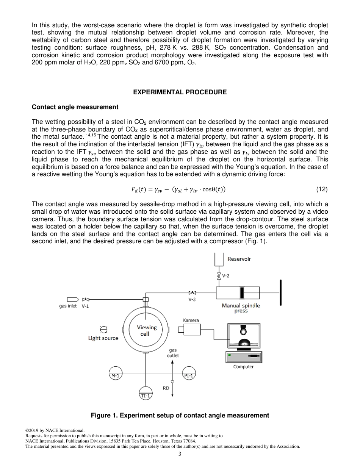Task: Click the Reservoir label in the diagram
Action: (239, 259)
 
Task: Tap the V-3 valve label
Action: (193, 299)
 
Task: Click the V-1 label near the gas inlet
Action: (85, 306)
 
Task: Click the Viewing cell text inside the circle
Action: (147, 330)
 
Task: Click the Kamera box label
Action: (191, 320)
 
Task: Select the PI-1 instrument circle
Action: (189, 373)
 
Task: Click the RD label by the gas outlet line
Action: (166, 388)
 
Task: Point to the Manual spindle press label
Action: (241, 308)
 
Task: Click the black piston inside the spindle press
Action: (241, 292)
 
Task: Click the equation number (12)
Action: (321, 189)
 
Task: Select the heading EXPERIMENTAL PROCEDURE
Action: (180, 92)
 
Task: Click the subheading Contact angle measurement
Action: (75, 107)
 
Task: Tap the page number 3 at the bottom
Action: (180, 454)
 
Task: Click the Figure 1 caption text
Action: (180, 415)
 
